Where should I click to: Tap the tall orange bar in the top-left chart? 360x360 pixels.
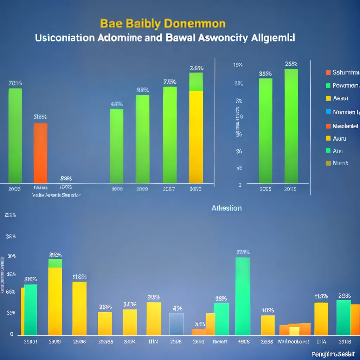tap(40, 153)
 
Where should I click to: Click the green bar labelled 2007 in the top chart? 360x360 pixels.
tap(170, 135)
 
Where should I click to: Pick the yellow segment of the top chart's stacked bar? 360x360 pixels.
tap(196, 137)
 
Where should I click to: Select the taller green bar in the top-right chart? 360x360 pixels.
tap(291, 126)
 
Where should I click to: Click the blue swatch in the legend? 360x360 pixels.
tap(328, 112)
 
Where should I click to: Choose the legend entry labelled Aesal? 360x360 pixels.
tap(340, 98)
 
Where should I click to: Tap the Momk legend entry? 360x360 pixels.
tap(340, 163)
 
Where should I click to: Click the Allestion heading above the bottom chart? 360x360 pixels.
tap(226, 208)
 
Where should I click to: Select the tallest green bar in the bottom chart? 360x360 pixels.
tap(243, 296)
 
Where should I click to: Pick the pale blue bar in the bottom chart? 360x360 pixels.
tap(176, 324)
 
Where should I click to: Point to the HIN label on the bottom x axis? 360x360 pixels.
tap(153, 341)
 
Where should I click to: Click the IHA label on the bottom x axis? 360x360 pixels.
tap(321, 341)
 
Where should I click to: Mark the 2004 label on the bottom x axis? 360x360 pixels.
tap(130, 341)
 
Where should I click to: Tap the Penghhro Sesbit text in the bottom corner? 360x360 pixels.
tap(333, 354)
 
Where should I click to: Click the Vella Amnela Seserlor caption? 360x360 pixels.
tap(56, 195)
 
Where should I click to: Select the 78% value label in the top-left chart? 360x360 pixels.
tap(15, 83)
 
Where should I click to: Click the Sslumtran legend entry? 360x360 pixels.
tap(346, 72)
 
